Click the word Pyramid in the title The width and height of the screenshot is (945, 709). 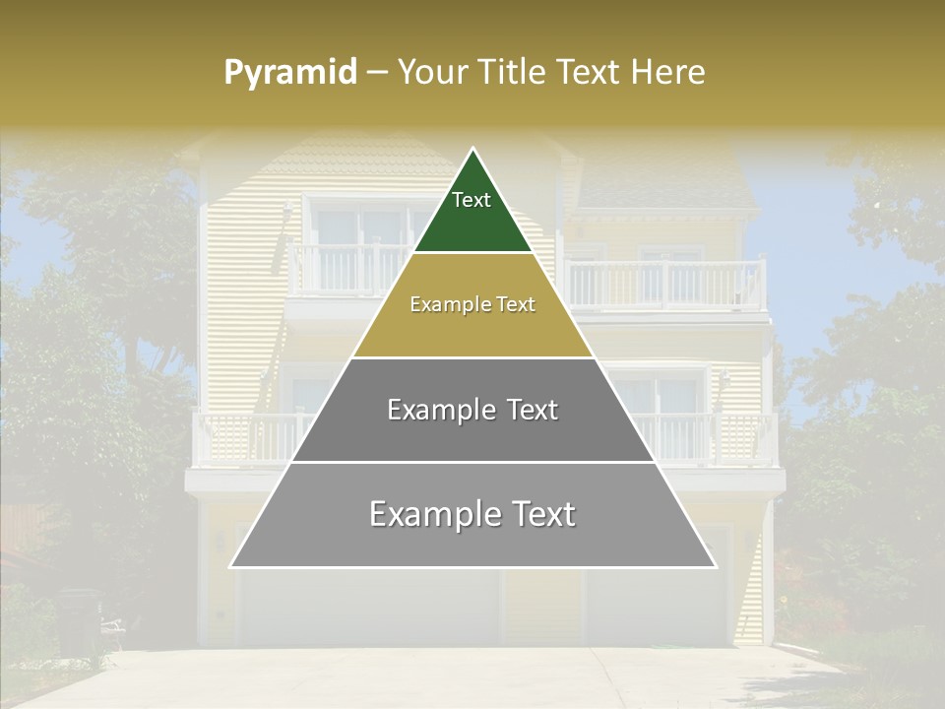[289, 73]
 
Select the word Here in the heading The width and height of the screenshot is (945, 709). [668, 72]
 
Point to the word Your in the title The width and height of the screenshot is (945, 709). [433, 72]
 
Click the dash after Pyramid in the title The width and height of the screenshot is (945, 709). [377, 73]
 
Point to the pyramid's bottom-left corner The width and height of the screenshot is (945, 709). [230, 567]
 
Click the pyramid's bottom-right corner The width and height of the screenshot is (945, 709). [716, 567]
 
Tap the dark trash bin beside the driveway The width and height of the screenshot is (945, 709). [79, 620]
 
